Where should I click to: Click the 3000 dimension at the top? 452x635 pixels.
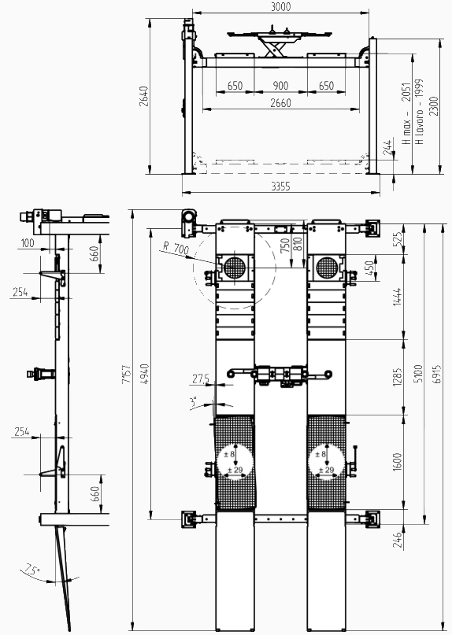click(x=280, y=6)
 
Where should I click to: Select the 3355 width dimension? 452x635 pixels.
click(x=280, y=186)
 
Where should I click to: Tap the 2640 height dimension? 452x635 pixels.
click(x=144, y=96)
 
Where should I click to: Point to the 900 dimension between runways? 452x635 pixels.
click(x=280, y=86)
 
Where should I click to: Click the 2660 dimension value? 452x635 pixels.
click(x=280, y=103)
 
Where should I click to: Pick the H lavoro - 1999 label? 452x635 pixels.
click(x=419, y=112)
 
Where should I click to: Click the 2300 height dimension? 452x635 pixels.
click(x=434, y=106)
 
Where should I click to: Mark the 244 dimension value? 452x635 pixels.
click(x=388, y=147)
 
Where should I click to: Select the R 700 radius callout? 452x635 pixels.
click(x=176, y=247)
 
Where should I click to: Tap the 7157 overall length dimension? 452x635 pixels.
click(x=127, y=375)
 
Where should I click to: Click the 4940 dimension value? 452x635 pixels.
click(x=145, y=375)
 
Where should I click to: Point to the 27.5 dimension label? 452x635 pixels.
click(x=201, y=378)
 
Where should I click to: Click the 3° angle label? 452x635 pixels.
click(x=194, y=402)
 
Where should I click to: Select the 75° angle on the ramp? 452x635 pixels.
click(x=32, y=570)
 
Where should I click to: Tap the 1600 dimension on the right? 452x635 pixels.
click(x=398, y=462)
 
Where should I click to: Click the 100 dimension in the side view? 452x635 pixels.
click(x=28, y=243)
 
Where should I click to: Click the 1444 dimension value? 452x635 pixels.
click(x=398, y=297)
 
